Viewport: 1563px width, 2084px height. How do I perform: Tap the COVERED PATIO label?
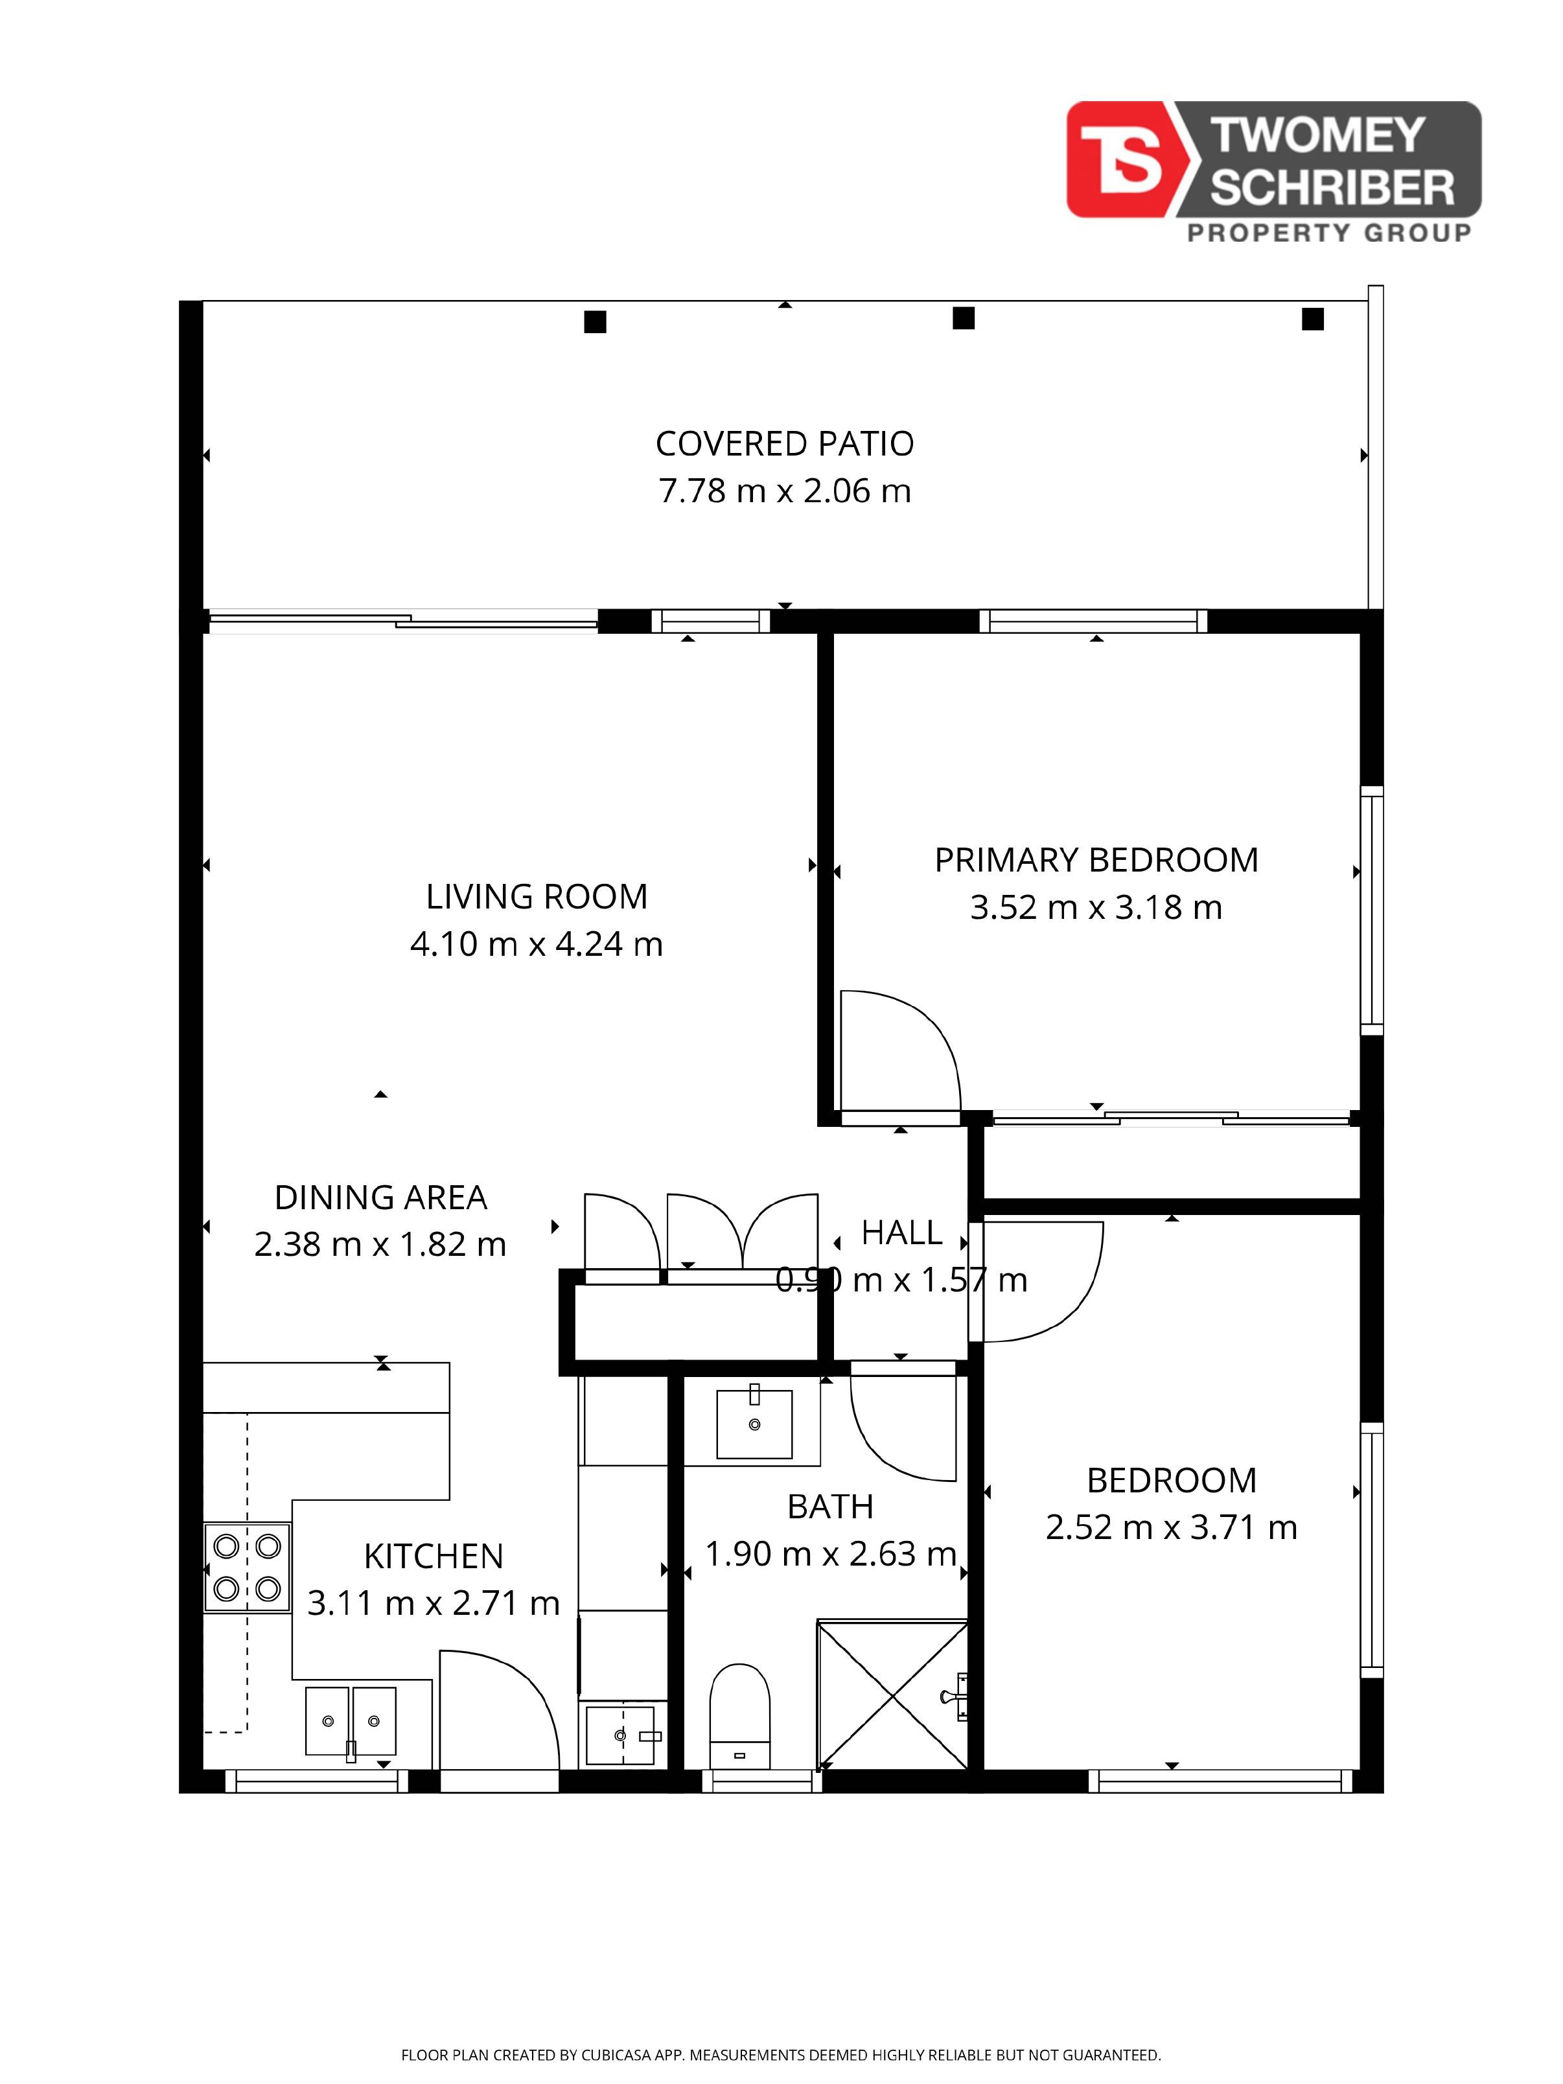784,444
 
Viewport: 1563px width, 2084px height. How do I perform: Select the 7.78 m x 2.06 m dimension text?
784,491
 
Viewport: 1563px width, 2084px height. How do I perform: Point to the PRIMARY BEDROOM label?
1096,860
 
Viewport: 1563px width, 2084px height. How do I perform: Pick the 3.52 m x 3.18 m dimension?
1096,907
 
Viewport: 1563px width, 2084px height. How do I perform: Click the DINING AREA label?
380,1198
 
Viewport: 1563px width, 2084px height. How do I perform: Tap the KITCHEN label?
434,1557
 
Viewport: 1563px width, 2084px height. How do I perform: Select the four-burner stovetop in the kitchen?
247,1568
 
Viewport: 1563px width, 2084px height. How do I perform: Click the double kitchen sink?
351,1720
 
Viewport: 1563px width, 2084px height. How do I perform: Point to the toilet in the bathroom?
739,1715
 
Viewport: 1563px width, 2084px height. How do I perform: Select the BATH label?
830,1507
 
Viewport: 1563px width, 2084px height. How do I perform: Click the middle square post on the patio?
963,318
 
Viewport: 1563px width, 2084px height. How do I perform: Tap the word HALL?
901,1233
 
